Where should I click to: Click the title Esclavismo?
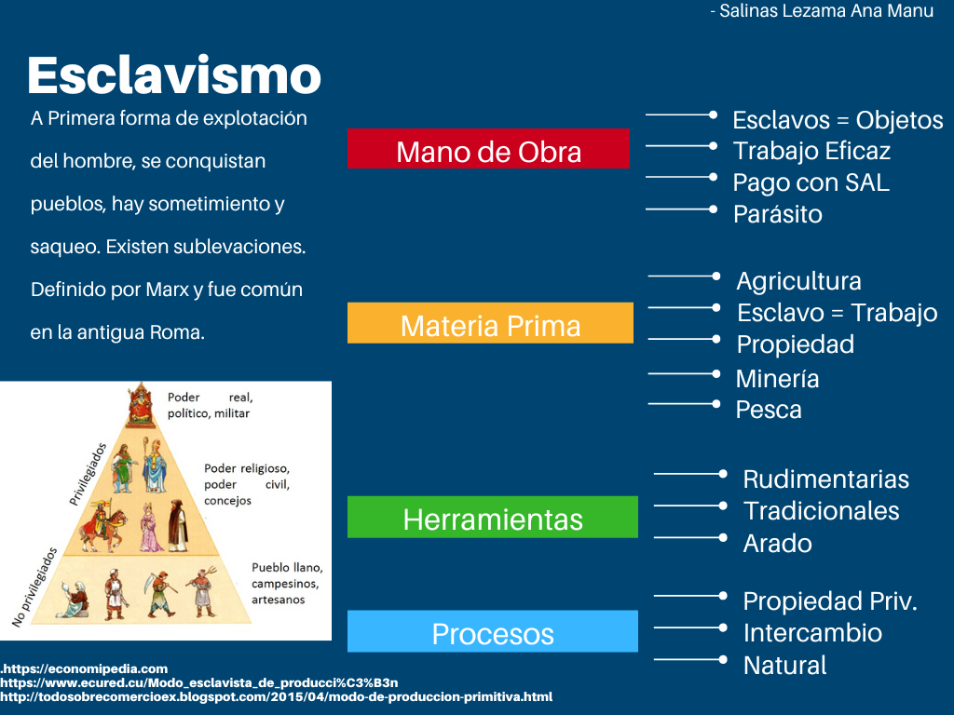(174, 75)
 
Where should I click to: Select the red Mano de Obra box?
(488, 150)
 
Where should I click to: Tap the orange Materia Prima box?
(490, 324)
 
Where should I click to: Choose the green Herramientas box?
(492, 518)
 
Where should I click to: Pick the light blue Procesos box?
(492, 632)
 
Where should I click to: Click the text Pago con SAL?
(811, 182)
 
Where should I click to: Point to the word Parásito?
(777, 214)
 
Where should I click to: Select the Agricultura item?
(798, 281)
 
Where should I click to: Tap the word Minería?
(777, 379)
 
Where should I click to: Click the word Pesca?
(768, 410)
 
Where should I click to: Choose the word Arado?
(777, 543)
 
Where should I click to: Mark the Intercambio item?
(812, 633)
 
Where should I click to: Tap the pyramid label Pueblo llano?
(286, 567)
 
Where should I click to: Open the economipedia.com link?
(86, 668)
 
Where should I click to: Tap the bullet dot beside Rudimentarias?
(723, 474)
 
